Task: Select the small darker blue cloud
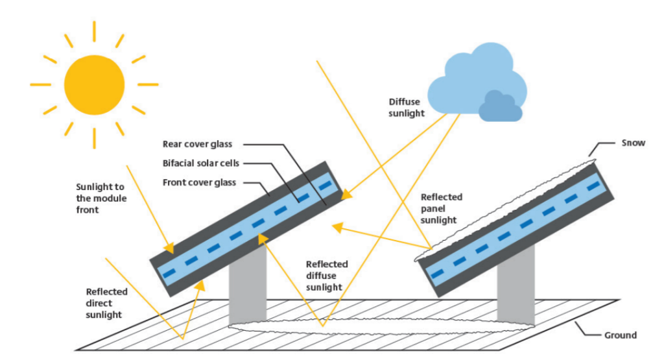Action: tap(500, 107)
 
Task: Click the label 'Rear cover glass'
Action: tap(197, 144)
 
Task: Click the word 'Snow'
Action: tap(633, 143)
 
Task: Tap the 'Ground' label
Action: tap(620, 335)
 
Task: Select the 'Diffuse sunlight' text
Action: tap(407, 108)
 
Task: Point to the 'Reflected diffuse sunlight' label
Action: tap(326, 276)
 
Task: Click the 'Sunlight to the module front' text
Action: tap(101, 198)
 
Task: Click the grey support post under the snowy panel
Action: tap(516, 285)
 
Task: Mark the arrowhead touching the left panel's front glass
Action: tap(170, 248)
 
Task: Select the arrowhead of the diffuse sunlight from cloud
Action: tap(346, 193)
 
